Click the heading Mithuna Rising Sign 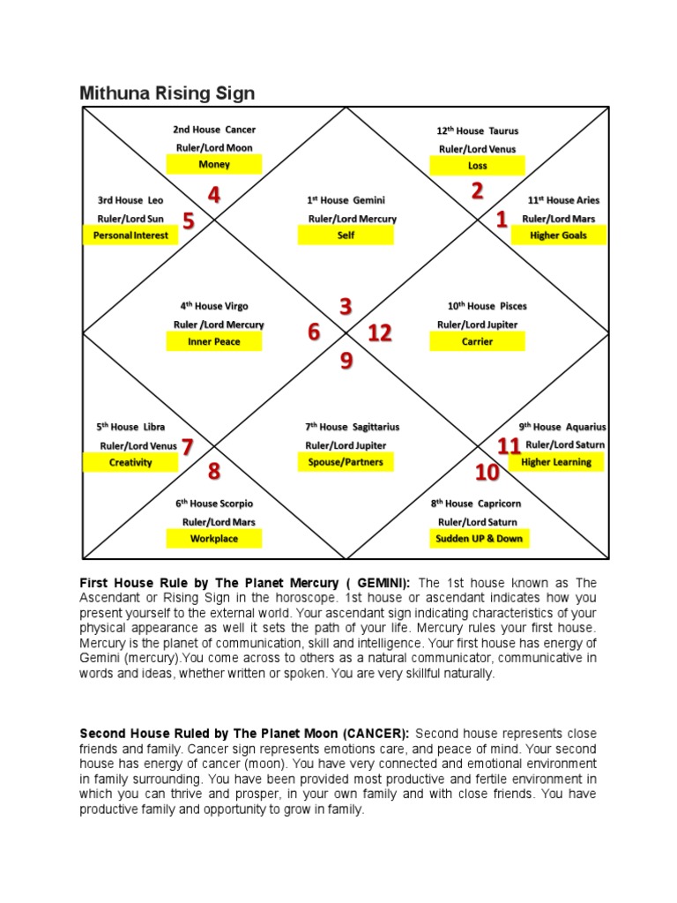167,93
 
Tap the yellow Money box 214,164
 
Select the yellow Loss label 477,165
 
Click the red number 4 213,195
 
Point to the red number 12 380,333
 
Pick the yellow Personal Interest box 130,235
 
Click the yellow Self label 346,235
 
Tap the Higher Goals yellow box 558,235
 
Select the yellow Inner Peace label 214,341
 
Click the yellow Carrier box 477,341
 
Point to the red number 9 346,361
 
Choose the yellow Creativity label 130,462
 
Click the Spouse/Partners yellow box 346,462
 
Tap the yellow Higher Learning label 556,462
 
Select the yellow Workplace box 214,538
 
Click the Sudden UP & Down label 479,538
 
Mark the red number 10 487,474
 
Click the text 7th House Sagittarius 346,427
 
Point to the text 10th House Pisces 487,306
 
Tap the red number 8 213,472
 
